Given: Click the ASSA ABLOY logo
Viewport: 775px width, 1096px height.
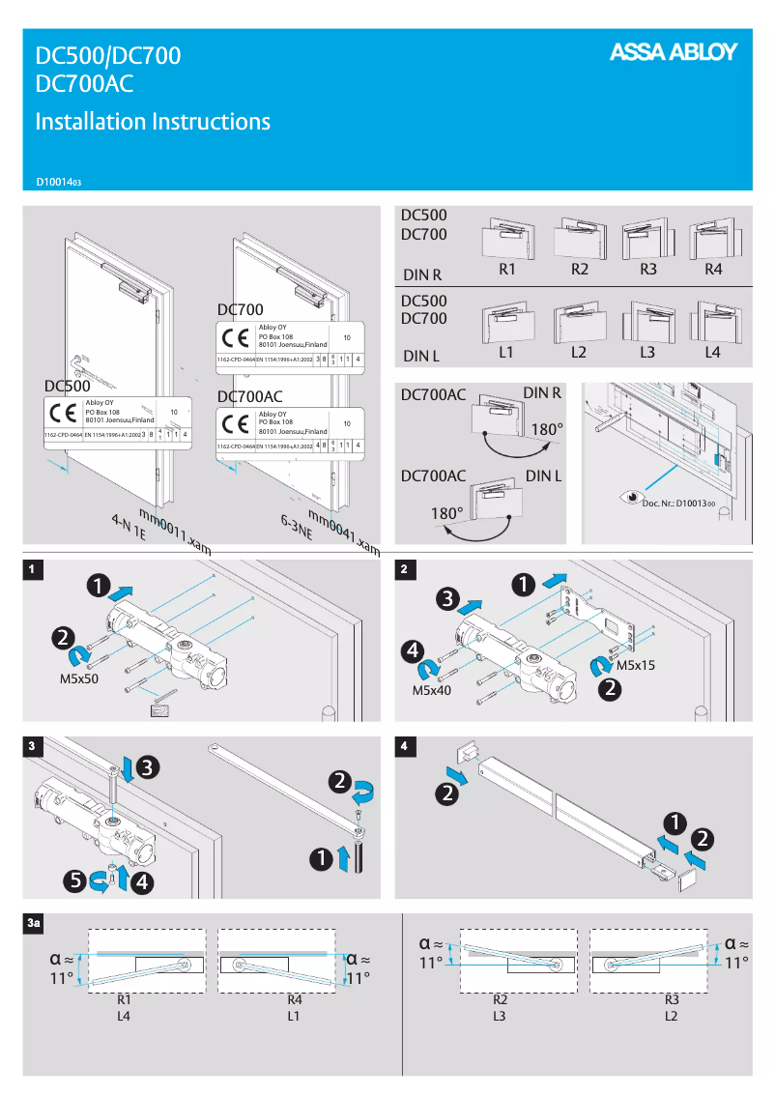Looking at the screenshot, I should (x=673, y=53).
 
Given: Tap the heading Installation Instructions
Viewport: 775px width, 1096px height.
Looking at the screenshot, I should (x=153, y=122).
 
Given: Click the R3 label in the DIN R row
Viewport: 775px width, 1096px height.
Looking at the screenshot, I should (x=647, y=270).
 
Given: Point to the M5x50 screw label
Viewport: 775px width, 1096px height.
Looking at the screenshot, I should (x=79, y=679).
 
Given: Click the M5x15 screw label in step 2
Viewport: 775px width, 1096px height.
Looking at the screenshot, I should (x=636, y=666).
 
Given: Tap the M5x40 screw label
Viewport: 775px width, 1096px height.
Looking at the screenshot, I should (x=432, y=690).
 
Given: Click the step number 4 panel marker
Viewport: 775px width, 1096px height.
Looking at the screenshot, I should (x=403, y=745).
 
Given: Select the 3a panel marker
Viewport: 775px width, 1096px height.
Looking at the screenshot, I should (x=34, y=924).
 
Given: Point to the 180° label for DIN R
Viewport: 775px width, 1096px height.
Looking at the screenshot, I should (x=547, y=428).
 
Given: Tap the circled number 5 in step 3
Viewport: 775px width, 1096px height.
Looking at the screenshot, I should (x=72, y=880).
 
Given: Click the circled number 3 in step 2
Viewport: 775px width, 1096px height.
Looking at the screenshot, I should (x=446, y=600).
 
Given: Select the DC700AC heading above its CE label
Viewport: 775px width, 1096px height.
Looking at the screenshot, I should (x=249, y=396).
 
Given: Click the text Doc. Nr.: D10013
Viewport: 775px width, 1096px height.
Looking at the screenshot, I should (x=678, y=503).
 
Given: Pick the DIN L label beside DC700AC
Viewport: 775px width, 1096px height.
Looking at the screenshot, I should (x=544, y=476).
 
